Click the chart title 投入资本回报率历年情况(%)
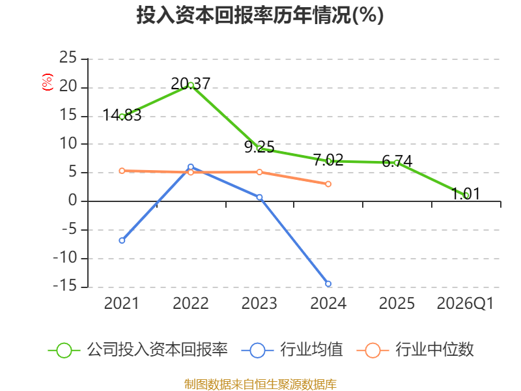(x=260, y=15)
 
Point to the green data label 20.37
(x=190, y=83)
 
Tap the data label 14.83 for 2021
(x=122, y=115)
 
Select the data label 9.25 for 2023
(x=259, y=147)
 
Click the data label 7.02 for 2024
(x=328, y=160)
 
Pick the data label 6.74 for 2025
(x=397, y=161)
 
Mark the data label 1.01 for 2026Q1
(x=466, y=194)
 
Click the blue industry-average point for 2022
(x=190, y=167)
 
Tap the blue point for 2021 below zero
(x=122, y=240)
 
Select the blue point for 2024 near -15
(x=328, y=283)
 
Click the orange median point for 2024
(x=328, y=184)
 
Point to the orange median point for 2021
(x=122, y=171)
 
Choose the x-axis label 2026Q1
(x=465, y=303)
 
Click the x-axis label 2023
(x=259, y=303)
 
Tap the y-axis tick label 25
(x=68, y=57)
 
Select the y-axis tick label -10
(x=65, y=257)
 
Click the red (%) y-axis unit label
(x=47, y=82)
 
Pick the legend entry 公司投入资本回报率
(x=138, y=350)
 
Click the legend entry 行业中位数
(x=415, y=350)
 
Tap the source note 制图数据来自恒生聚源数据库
(x=260, y=384)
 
